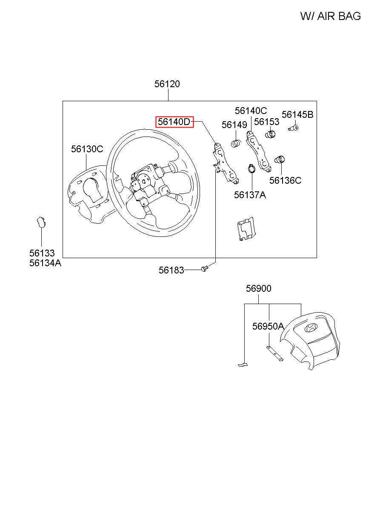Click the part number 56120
(167, 84)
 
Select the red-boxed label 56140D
(174, 122)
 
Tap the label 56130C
(87, 149)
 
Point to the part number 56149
(234, 125)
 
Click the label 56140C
(251, 111)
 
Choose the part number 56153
(266, 122)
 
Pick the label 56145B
(297, 114)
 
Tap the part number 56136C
(285, 180)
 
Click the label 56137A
(250, 195)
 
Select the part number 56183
(171, 270)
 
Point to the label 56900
(258, 289)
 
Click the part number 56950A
(268, 326)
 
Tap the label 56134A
(45, 263)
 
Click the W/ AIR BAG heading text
(330, 16)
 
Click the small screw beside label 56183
(204, 268)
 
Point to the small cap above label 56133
(40, 222)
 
